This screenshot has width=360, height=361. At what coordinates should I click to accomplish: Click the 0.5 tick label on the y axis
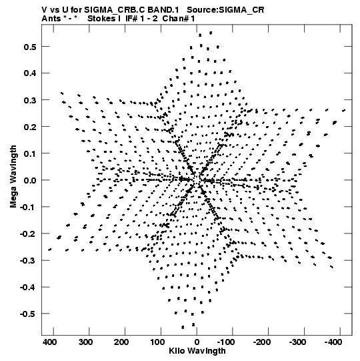[x=30, y=47]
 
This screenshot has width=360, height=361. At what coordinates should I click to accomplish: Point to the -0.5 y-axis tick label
[x=28, y=314]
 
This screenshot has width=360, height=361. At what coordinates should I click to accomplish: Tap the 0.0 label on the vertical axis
[x=30, y=180]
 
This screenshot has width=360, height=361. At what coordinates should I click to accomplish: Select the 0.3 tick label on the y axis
[x=30, y=100]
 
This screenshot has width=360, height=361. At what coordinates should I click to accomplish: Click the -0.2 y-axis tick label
[x=28, y=234]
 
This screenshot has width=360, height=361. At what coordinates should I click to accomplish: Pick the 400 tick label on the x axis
[x=50, y=342]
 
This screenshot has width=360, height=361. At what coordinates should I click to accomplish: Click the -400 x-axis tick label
[x=333, y=342]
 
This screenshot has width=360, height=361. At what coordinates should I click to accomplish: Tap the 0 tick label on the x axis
[x=197, y=342]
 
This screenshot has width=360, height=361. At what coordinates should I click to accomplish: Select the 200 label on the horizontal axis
[x=121, y=342]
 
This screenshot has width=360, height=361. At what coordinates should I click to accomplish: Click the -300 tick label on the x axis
[x=297, y=342]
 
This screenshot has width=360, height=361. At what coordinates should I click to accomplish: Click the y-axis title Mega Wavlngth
[x=13, y=177]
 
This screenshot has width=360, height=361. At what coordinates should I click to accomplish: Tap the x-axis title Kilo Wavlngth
[x=197, y=351]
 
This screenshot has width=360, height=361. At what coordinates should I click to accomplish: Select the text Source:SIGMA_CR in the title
[x=225, y=10]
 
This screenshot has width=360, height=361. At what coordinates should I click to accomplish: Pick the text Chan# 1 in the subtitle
[x=179, y=19]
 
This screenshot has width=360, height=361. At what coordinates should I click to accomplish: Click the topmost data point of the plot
[x=211, y=33]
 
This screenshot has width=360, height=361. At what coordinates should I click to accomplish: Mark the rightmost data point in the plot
[x=344, y=111]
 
